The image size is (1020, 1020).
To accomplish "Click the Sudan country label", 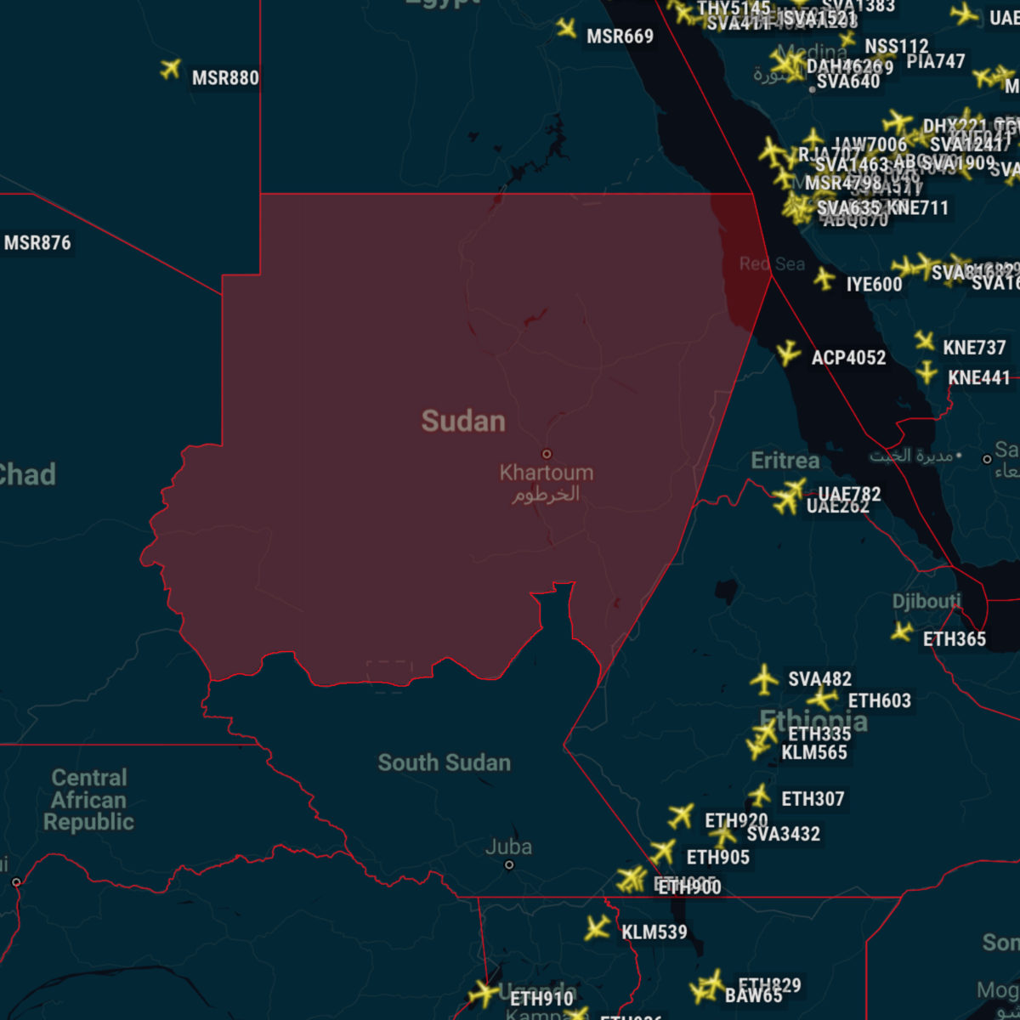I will tap(463, 421).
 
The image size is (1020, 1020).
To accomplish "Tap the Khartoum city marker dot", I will tap(547, 454).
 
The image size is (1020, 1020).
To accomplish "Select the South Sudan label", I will tap(444, 762).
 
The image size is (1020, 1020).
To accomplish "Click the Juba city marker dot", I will tap(509, 865).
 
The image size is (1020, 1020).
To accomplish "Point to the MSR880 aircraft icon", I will tap(171, 69).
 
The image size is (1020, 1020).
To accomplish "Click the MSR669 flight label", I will tap(620, 37).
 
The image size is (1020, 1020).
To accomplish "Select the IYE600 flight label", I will tap(874, 285).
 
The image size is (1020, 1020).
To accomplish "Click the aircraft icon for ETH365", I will tap(902, 632).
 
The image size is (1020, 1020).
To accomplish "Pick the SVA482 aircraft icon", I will tap(764, 679).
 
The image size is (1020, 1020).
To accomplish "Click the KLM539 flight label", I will tap(654, 932).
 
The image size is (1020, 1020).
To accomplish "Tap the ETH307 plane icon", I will tap(759, 796).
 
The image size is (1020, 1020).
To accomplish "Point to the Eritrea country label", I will tap(785, 461).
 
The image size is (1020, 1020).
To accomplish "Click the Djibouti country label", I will tap(926, 602).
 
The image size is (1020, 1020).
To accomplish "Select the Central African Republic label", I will tap(88, 800).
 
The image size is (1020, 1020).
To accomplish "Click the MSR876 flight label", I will tap(37, 243).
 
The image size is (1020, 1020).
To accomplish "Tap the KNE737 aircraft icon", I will tap(925, 341).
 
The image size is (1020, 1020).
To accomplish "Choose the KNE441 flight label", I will tap(978, 377).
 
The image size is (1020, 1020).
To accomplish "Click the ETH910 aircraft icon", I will tap(484, 993).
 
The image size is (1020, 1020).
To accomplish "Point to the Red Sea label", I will tap(772, 263).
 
